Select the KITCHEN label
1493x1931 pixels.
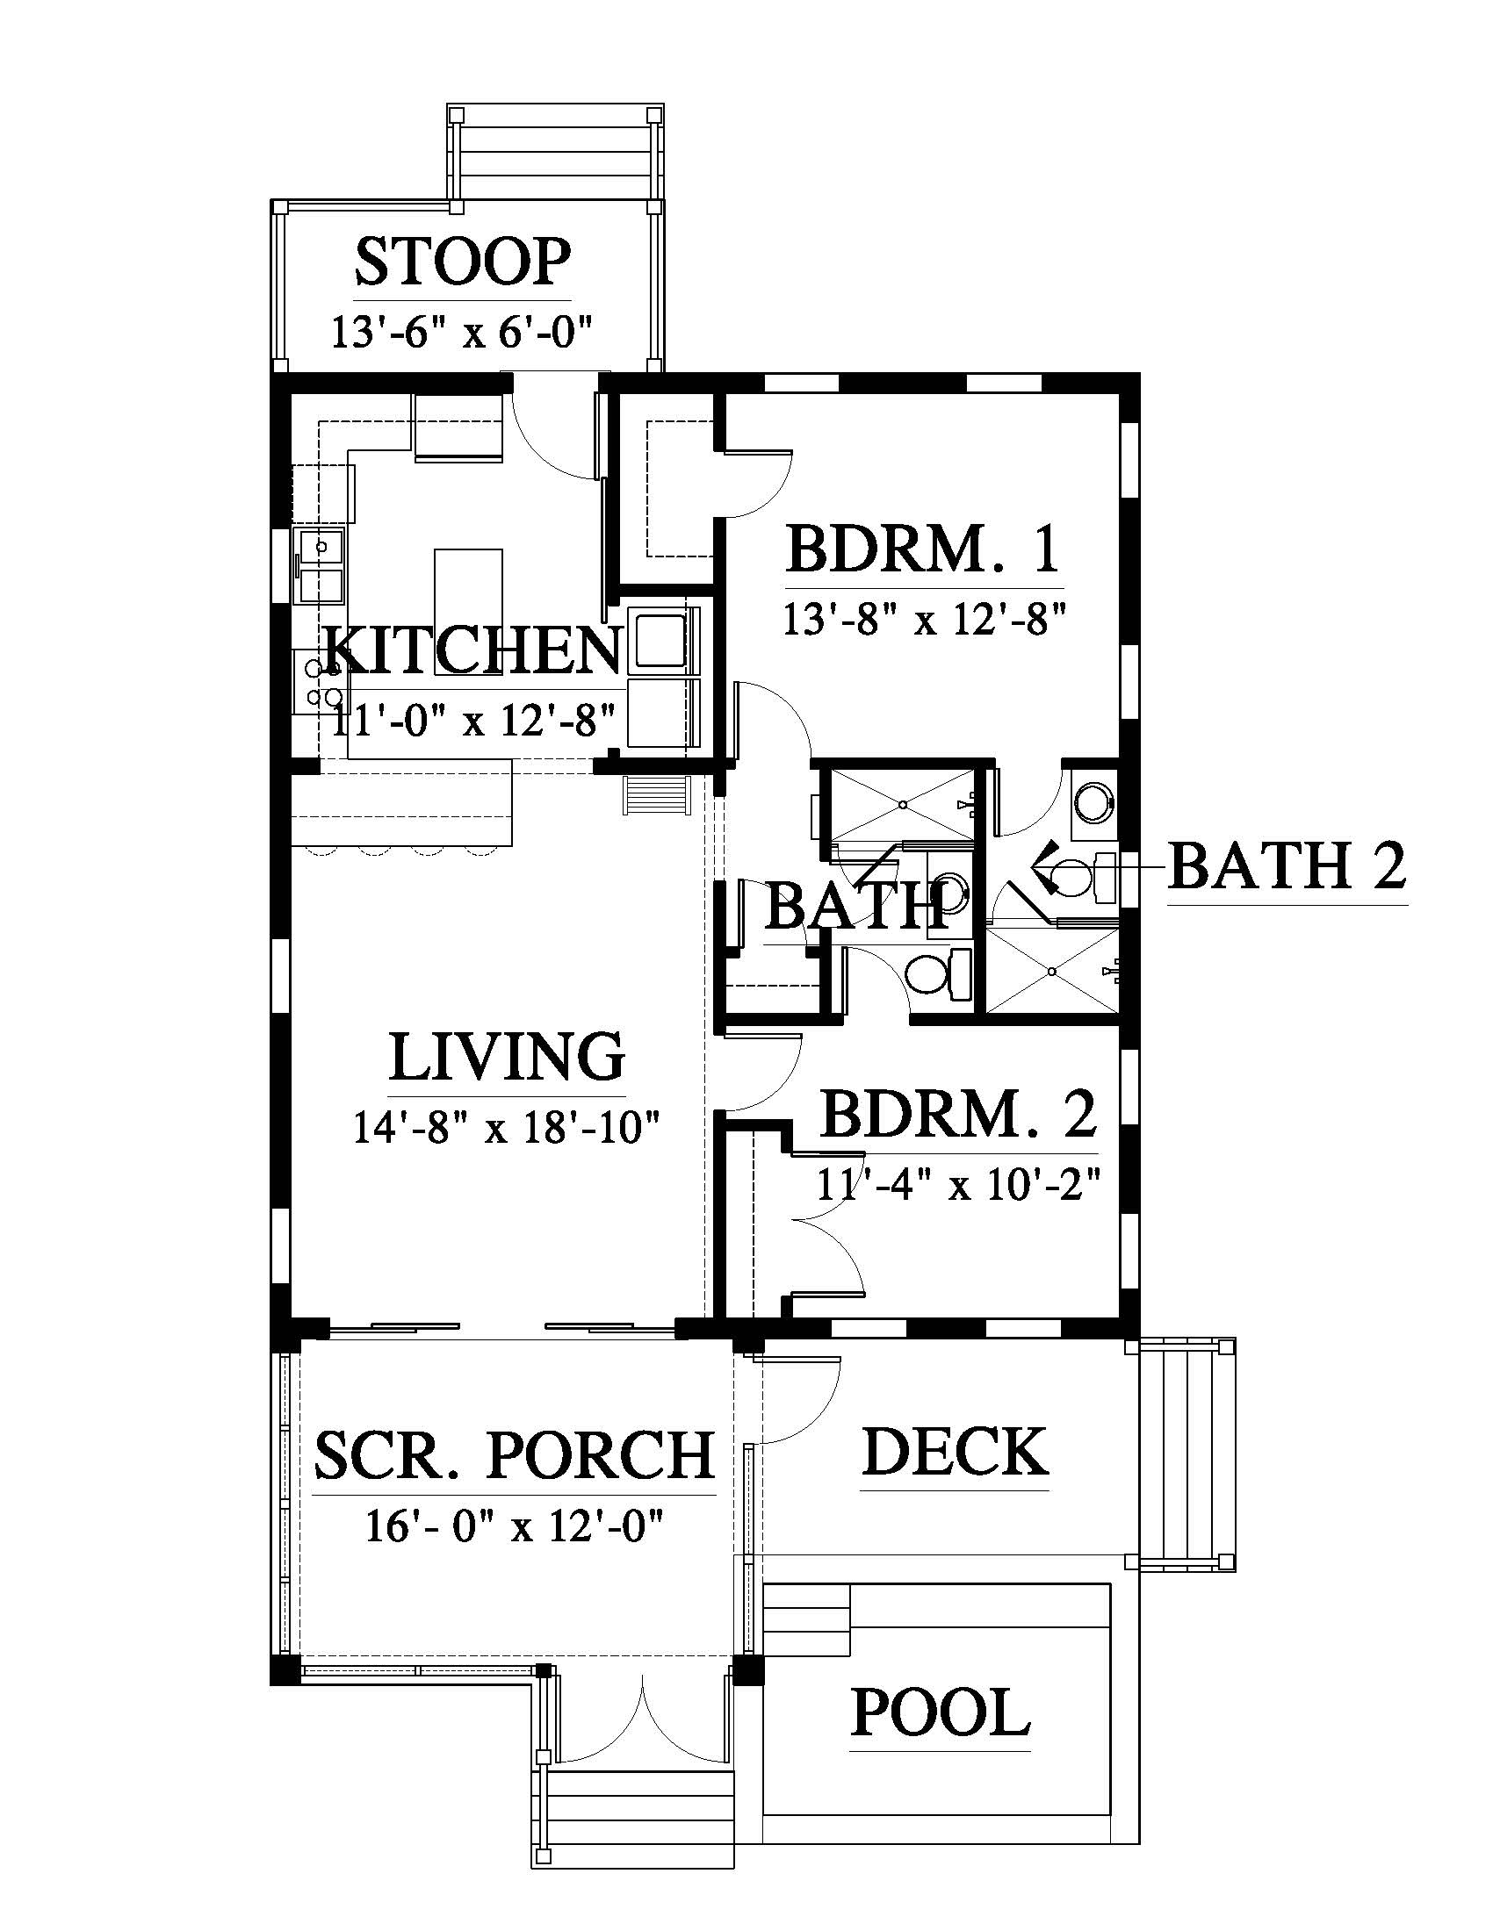point(473,650)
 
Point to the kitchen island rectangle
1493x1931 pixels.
point(469,600)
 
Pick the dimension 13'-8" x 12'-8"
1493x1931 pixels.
point(921,620)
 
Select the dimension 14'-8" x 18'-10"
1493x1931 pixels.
point(507,1128)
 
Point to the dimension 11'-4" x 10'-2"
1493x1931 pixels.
point(958,1185)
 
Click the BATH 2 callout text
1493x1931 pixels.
point(1287,865)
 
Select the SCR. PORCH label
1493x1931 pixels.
point(514,1454)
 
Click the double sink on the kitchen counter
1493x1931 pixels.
point(321,566)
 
